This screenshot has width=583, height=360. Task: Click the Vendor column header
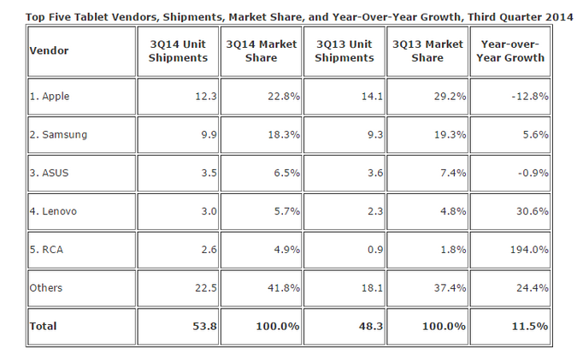[49, 50]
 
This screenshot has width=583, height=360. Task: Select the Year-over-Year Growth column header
[510, 51]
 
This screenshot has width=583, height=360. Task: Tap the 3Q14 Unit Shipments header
[178, 51]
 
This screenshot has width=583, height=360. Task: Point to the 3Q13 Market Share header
[427, 51]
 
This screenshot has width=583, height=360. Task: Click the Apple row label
[50, 97]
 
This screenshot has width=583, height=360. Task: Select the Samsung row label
[58, 134]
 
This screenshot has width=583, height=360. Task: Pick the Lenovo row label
[53, 211]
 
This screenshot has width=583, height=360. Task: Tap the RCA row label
[46, 250]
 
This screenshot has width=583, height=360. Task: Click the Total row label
[43, 326]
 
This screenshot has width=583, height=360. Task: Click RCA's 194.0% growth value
[529, 250]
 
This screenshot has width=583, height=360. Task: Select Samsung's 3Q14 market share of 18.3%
[284, 134]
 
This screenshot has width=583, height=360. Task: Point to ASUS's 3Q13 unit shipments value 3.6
[374, 173]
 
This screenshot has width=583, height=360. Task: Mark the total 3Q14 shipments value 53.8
[205, 326]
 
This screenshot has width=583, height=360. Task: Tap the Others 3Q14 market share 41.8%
[284, 288]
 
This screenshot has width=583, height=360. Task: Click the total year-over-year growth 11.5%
[530, 326]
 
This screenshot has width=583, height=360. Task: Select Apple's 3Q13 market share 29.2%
[450, 97]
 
